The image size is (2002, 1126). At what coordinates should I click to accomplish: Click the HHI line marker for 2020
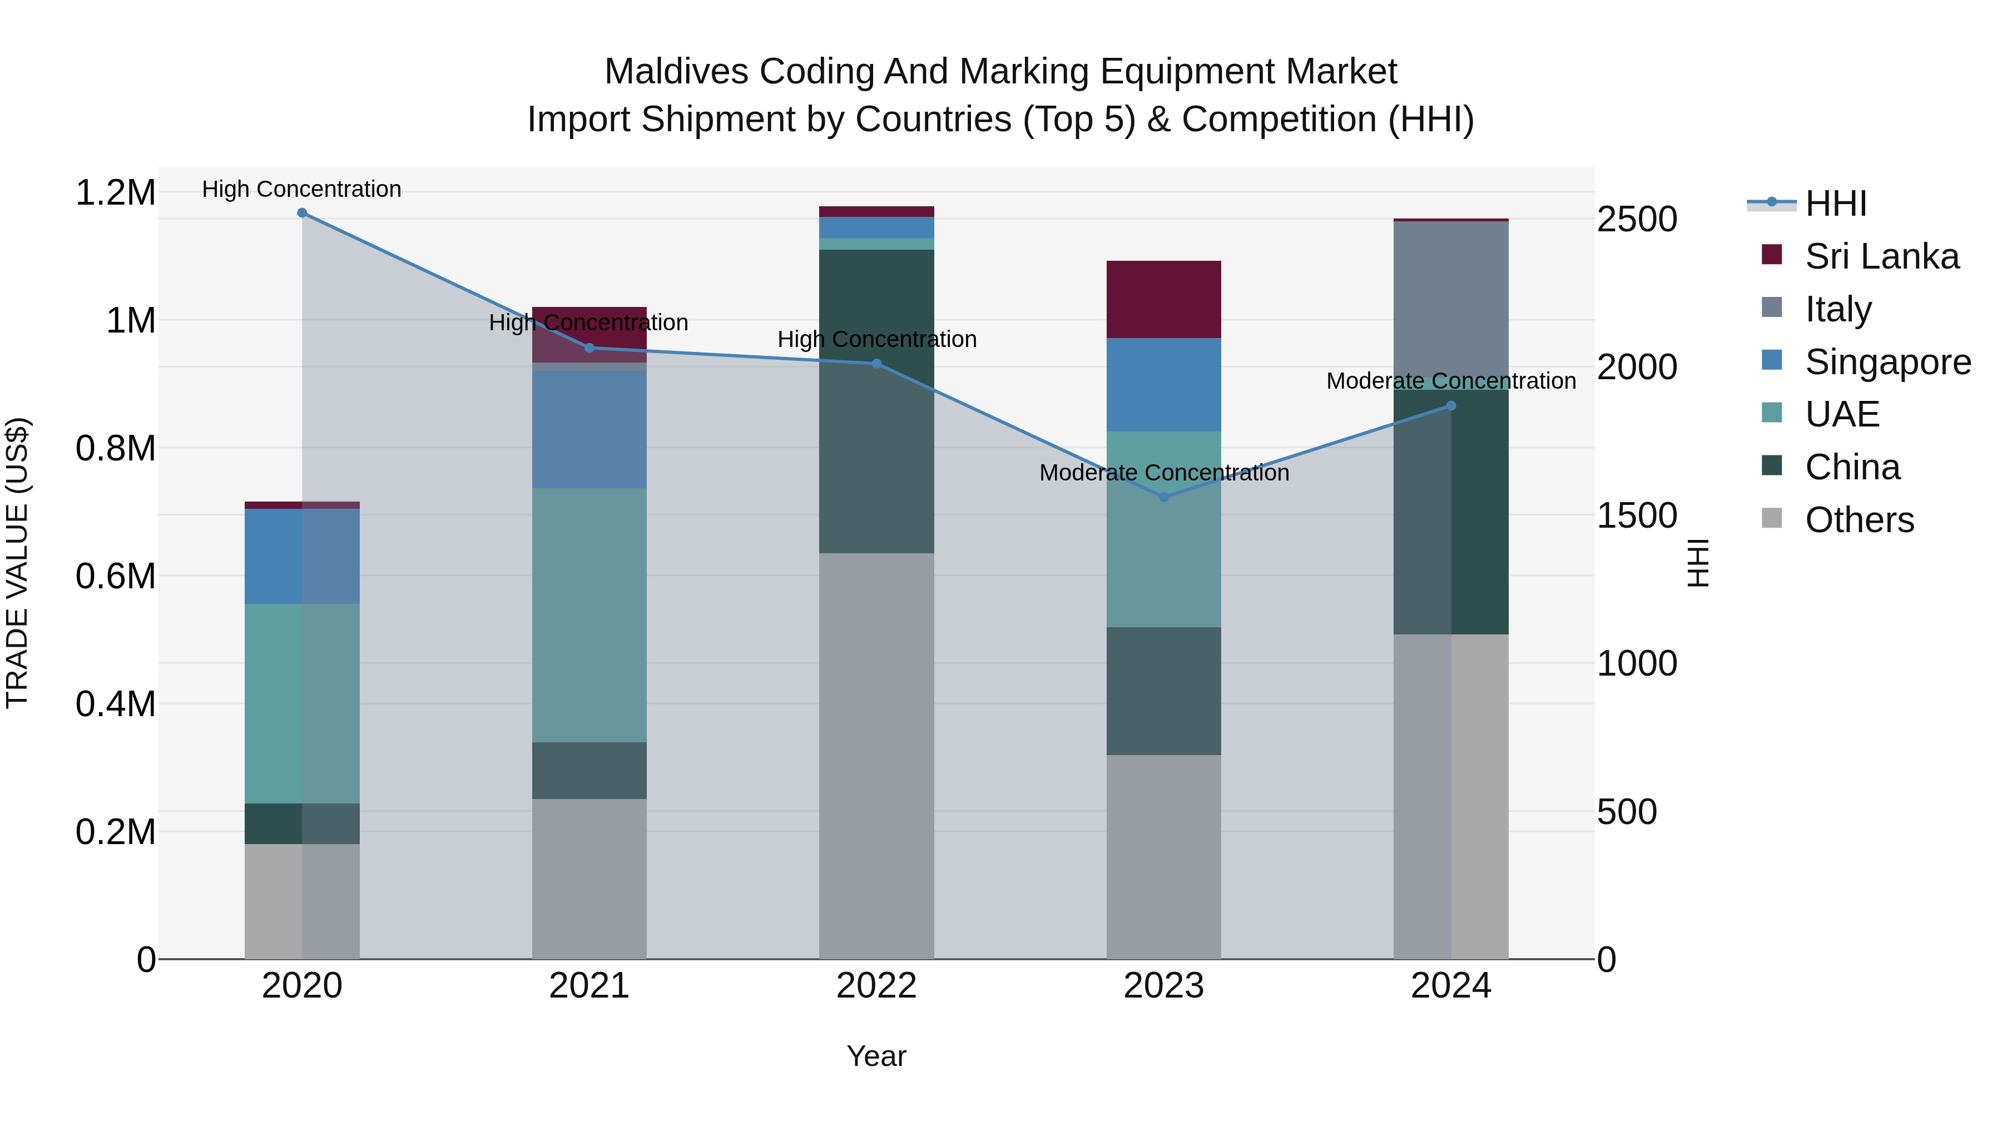303,213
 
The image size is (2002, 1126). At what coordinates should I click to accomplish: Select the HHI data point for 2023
1163,497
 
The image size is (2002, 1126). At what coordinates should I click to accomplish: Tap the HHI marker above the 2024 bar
1450,406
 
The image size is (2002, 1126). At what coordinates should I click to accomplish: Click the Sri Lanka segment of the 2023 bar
1163,299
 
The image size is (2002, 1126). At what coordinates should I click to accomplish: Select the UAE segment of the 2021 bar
589,614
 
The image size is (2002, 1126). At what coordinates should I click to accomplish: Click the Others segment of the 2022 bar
876,754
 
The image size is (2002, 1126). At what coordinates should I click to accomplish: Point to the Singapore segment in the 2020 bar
303,555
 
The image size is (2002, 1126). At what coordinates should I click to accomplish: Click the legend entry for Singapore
1887,362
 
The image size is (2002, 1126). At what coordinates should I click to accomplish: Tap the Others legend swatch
1772,518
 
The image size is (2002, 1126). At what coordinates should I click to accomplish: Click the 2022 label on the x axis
876,986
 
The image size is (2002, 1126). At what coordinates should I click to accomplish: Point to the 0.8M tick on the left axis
115,448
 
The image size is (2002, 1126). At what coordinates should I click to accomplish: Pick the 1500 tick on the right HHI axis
1637,515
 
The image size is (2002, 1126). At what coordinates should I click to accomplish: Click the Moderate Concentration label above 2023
1163,473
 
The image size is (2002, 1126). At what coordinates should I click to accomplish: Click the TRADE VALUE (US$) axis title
17,563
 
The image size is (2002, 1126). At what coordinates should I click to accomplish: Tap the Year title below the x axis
876,1056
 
